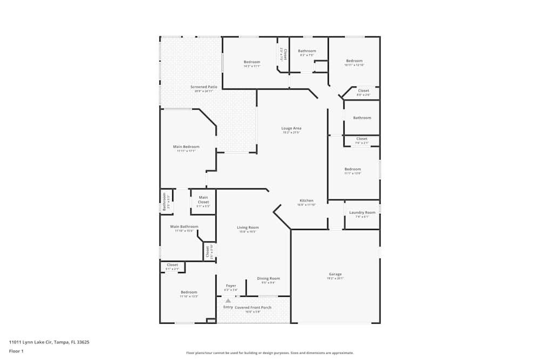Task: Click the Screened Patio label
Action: (x=204, y=87)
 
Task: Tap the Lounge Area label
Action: (x=291, y=128)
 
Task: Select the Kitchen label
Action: (x=306, y=201)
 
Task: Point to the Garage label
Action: (x=335, y=274)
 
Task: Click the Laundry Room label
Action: (x=362, y=213)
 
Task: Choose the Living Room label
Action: (x=248, y=228)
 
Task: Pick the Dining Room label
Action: (x=268, y=279)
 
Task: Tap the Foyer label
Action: (x=231, y=286)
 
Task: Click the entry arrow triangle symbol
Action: (x=228, y=301)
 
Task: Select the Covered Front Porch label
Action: (x=253, y=308)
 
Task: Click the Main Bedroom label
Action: (x=186, y=147)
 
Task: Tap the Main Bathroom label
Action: (x=184, y=227)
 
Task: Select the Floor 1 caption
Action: (x=16, y=351)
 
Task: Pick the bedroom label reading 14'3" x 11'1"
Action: (x=252, y=66)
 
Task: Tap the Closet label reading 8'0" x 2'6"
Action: (x=363, y=95)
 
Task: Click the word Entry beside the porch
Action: (x=228, y=307)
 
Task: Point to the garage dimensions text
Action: (x=335, y=279)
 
